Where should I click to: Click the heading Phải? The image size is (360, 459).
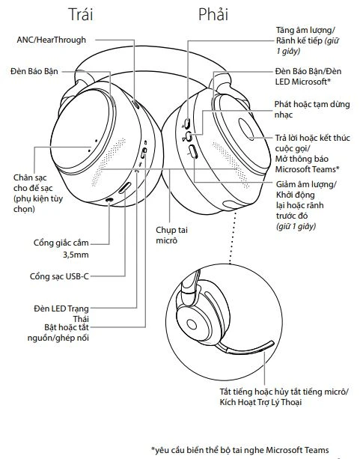(213, 14)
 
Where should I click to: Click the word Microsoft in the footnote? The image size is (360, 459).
(287, 450)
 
